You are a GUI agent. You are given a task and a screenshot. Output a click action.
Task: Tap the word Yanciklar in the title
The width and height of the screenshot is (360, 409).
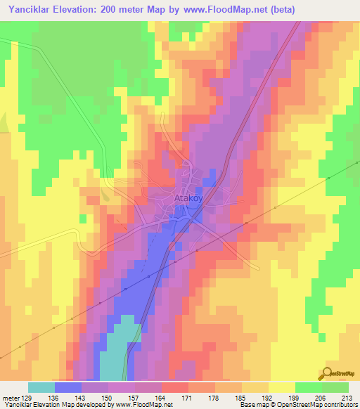tap(30, 9)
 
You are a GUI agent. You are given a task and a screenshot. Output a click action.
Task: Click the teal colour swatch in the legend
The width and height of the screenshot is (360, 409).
tap(41, 387)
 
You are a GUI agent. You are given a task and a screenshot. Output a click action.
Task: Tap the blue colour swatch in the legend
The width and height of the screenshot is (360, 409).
tap(68, 387)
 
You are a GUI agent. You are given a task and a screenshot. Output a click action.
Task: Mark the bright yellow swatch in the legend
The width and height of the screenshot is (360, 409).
tap(281, 387)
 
